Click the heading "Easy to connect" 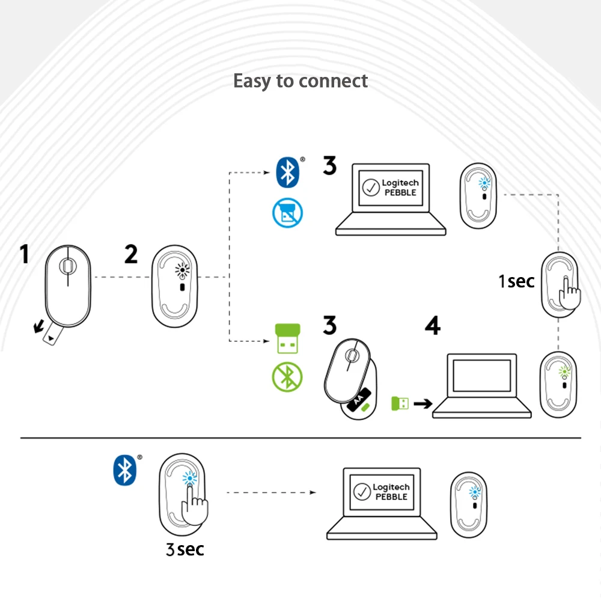point(300,81)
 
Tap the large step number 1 point(25,254)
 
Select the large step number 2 point(131,254)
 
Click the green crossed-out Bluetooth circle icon point(287,377)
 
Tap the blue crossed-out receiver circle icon point(287,213)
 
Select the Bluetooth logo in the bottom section point(124,469)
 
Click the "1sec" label point(516,281)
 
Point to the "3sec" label point(184,548)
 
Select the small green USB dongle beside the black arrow point(400,403)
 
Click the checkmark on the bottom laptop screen point(362,492)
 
